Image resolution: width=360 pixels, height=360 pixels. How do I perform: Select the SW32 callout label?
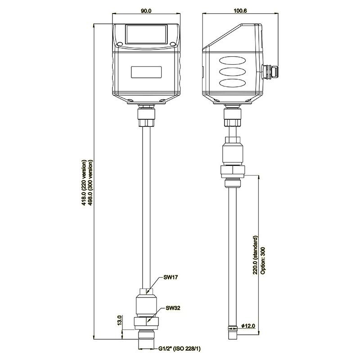coord(173,308)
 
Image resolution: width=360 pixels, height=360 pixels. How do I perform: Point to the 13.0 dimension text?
coord(120,320)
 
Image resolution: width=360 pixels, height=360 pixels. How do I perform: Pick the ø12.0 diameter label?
coord(248,325)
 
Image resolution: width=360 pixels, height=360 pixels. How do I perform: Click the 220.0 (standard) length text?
coord(255,255)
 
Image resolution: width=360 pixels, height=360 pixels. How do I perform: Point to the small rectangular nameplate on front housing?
coord(146,72)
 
